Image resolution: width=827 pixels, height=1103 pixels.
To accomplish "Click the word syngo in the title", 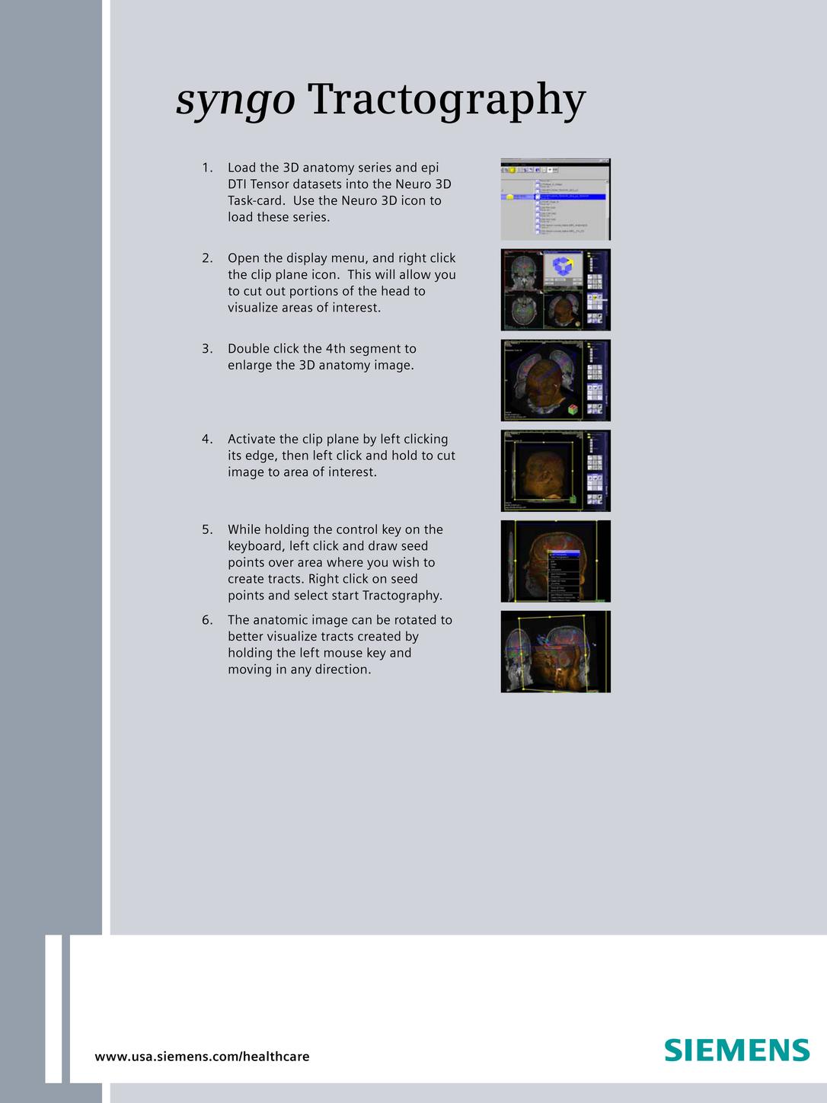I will [x=235, y=100].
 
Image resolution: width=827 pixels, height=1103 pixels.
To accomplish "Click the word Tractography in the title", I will [x=446, y=100].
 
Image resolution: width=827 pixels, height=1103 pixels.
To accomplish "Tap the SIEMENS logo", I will [x=736, y=1050].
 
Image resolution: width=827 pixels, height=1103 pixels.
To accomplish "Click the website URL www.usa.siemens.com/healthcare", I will [x=202, y=1057].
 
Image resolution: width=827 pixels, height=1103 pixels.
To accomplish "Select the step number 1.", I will [x=207, y=168].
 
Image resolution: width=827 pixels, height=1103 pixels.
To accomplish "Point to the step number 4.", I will [x=207, y=440].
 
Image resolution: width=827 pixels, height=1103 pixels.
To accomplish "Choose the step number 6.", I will [x=207, y=620].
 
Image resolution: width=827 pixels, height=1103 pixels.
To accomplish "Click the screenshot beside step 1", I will [x=555, y=200].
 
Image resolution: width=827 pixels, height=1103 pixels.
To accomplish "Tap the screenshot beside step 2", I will [x=555, y=289].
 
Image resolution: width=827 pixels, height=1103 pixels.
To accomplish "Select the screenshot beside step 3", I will [x=555, y=380].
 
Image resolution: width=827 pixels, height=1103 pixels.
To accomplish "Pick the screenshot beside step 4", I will [x=555, y=471].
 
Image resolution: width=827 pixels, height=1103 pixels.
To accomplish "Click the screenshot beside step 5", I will [x=555, y=561].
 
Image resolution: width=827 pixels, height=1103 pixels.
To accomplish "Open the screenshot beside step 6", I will [x=555, y=651].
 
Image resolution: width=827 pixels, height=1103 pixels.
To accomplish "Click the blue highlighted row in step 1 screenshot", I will [x=571, y=197].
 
